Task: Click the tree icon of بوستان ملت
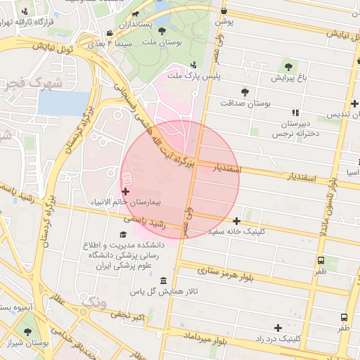click(x=162, y=31)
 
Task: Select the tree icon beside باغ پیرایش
click(x=288, y=66)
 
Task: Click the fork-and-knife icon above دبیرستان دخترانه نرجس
click(x=295, y=112)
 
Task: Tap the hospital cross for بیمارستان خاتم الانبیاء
click(x=126, y=191)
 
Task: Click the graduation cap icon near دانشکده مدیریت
click(x=124, y=235)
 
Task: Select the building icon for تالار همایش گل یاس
click(x=164, y=281)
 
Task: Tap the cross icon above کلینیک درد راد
click(x=278, y=328)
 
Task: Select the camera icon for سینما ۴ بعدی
click(x=110, y=34)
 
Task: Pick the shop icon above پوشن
click(x=224, y=11)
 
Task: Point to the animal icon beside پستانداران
click(x=135, y=13)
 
